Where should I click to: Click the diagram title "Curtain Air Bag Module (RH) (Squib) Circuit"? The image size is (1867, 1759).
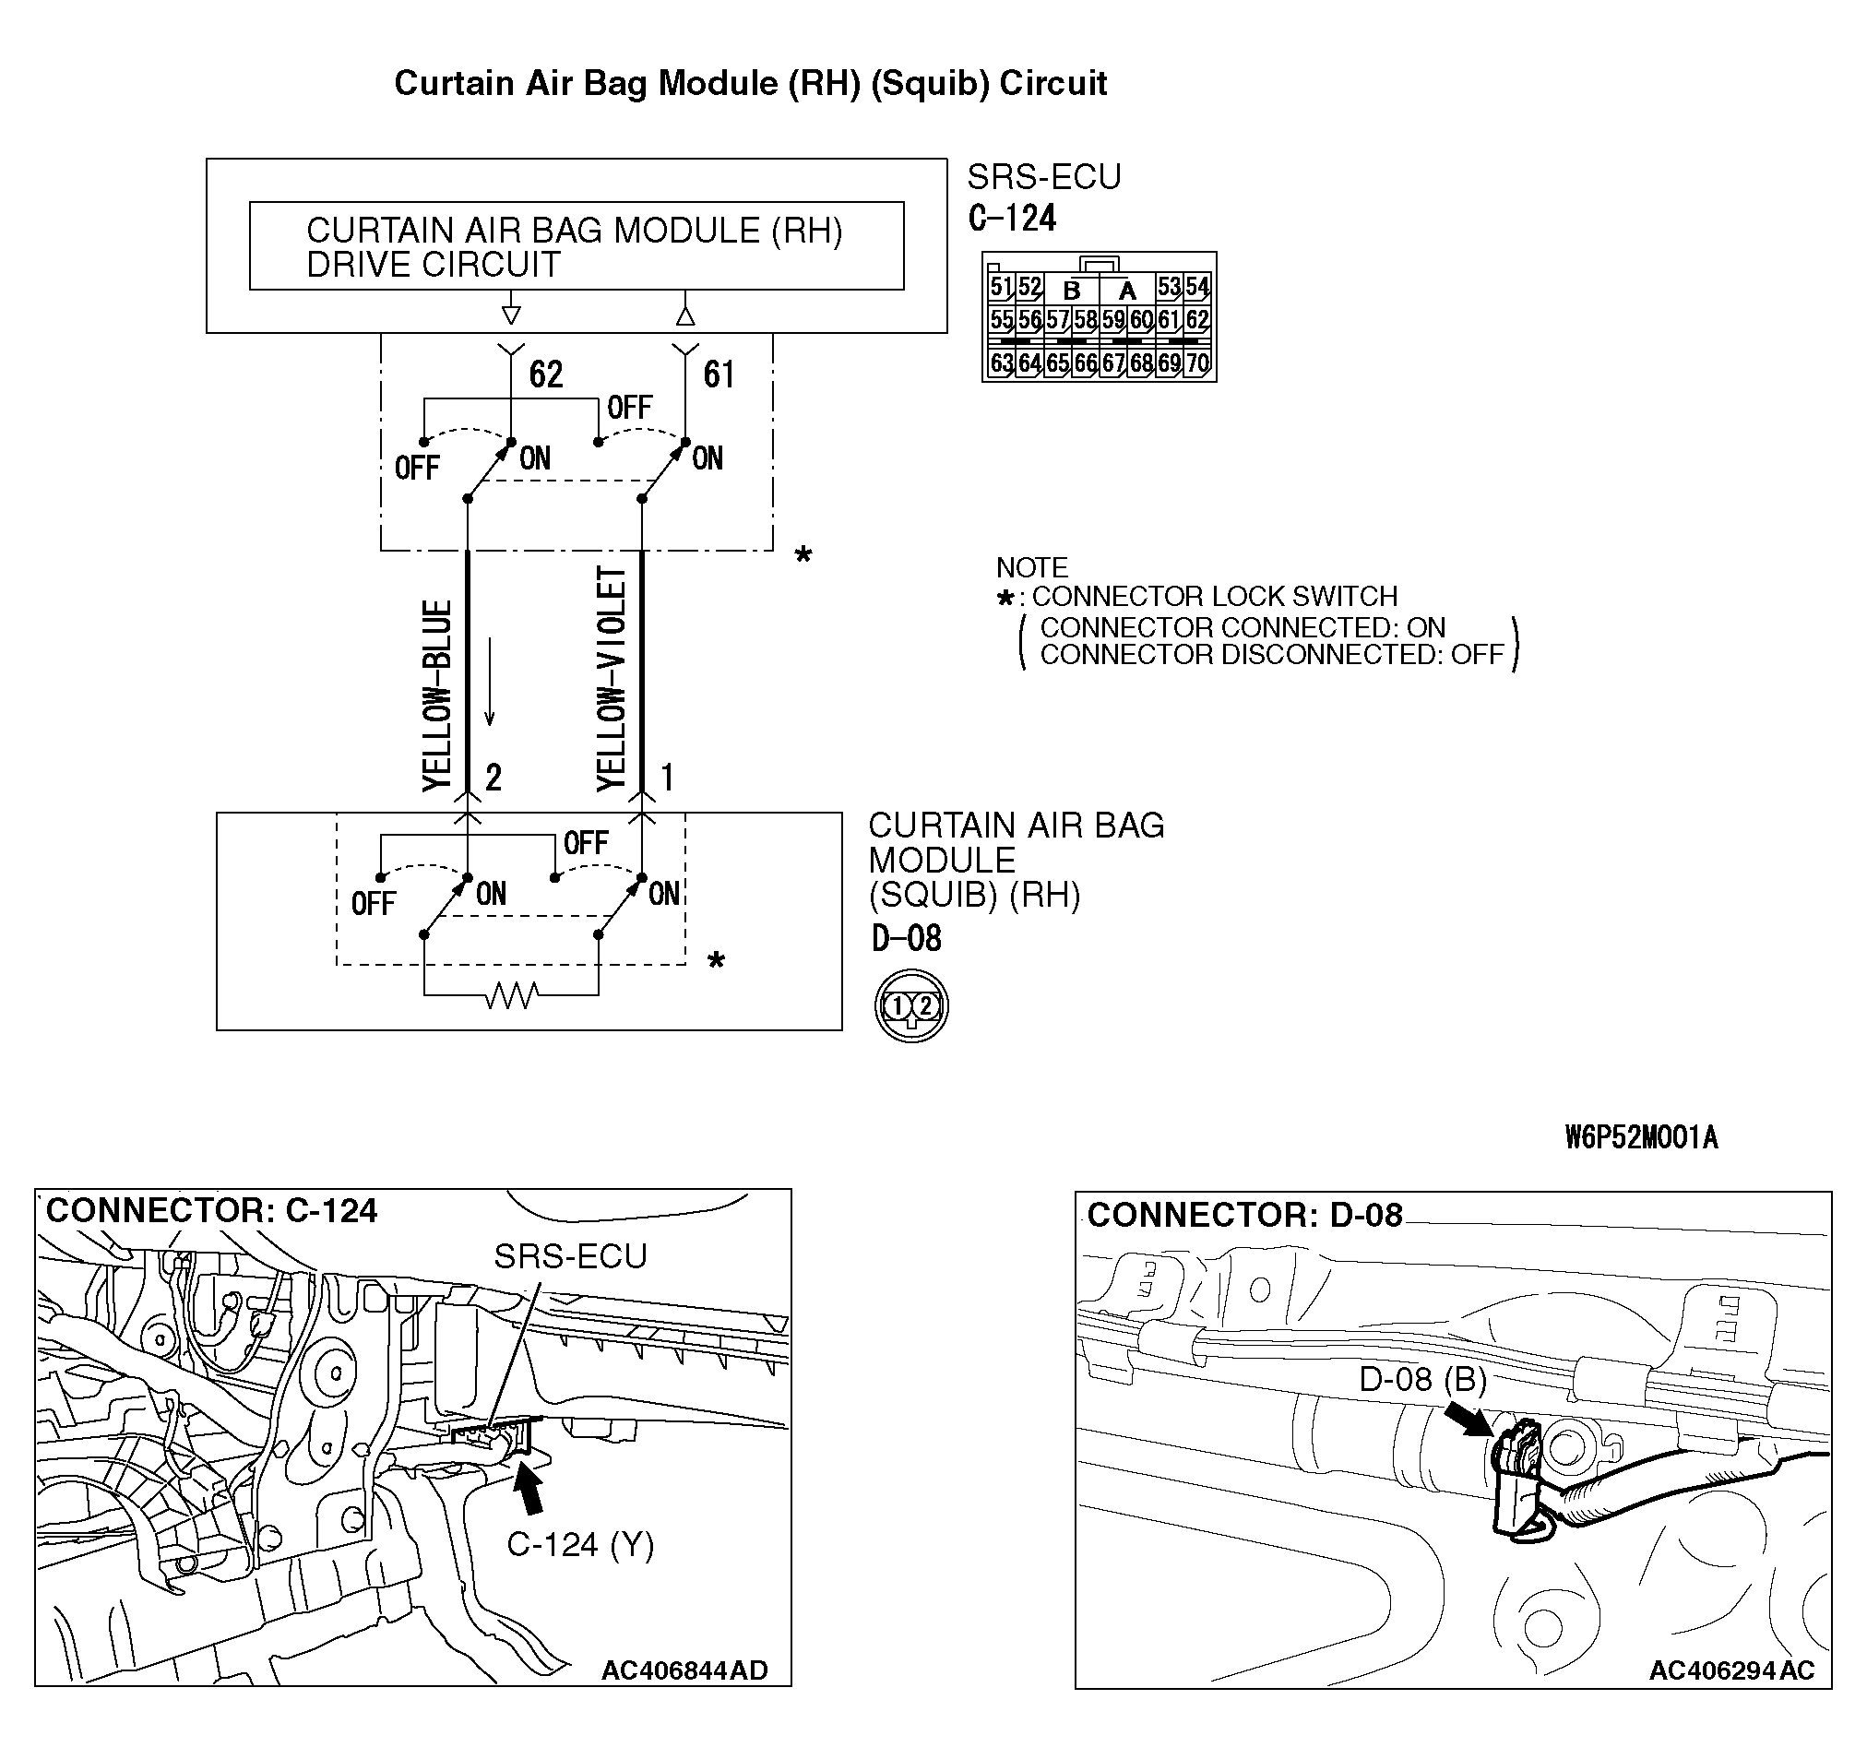click(x=749, y=84)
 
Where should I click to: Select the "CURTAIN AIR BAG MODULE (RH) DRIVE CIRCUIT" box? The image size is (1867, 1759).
click(x=576, y=246)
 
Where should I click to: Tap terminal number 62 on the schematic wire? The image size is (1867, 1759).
click(x=546, y=374)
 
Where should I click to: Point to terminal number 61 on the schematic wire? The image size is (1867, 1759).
click(x=719, y=374)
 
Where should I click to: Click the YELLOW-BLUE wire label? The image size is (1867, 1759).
click(x=437, y=695)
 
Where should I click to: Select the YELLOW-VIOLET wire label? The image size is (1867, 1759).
click(x=612, y=679)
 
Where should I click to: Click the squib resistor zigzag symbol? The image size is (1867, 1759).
click(x=512, y=994)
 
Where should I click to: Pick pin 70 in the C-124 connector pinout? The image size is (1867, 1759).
click(x=1196, y=362)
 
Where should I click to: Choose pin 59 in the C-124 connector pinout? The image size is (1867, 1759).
click(x=1112, y=320)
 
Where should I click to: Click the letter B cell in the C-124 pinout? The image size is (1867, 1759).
click(x=1071, y=291)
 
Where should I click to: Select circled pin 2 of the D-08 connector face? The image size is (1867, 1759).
click(x=925, y=1005)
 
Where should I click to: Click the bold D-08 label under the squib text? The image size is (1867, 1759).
click(x=905, y=938)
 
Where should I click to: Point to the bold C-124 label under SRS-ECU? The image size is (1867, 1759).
click(x=1012, y=218)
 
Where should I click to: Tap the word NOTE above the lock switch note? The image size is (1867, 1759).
click(x=1031, y=567)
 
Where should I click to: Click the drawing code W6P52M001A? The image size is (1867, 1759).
click(x=1641, y=1138)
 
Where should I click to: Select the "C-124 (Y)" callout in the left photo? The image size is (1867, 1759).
click(x=579, y=1545)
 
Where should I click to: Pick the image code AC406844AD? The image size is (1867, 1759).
click(x=684, y=1670)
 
